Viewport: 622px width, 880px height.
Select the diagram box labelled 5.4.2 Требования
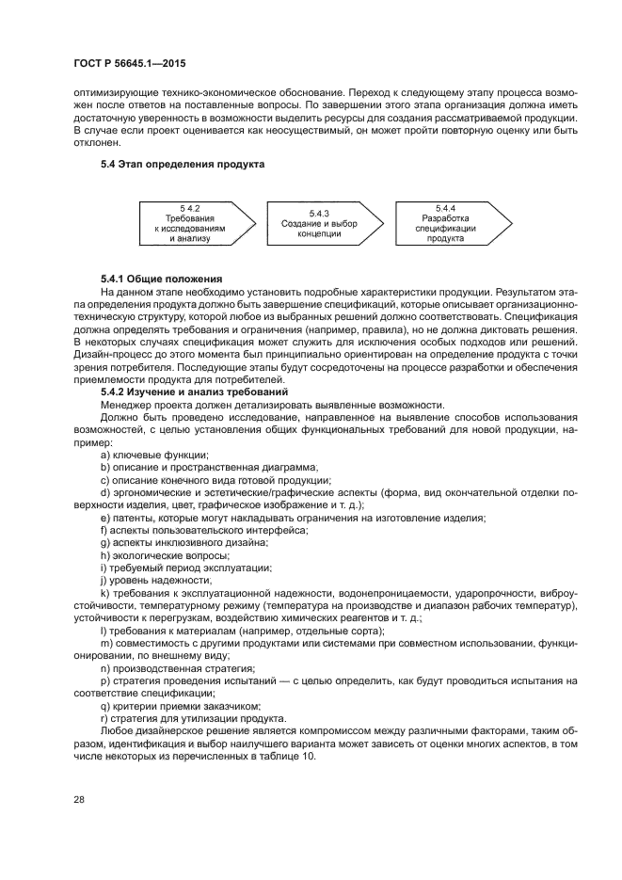(x=190, y=222)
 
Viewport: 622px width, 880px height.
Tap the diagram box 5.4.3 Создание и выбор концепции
(x=317, y=223)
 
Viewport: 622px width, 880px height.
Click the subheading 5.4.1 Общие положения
(x=161, y=280)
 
